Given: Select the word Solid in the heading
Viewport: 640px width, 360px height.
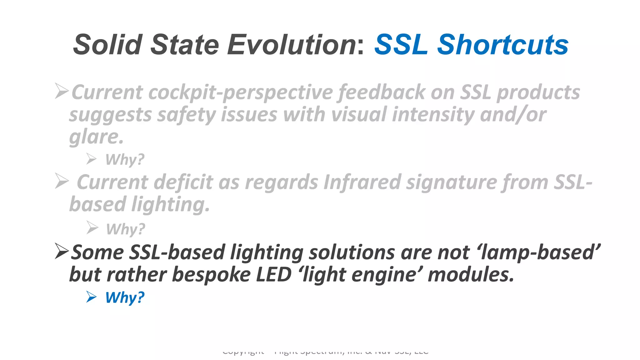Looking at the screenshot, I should coord(108,45).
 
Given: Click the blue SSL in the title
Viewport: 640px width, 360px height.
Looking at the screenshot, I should coord(401,45).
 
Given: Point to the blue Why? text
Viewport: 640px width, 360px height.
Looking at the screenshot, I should coord(125,297).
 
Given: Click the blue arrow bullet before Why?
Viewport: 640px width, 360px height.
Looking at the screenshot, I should coord(91,297).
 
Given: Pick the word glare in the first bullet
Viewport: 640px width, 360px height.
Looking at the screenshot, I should coord(96,137).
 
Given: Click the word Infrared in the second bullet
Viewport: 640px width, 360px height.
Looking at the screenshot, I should coord(362,182).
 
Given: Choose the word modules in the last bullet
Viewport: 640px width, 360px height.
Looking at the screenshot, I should coord(471,274).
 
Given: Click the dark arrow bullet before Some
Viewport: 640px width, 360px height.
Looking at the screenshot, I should coord(62,251).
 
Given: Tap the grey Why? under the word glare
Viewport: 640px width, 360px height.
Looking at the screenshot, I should coord(125,159).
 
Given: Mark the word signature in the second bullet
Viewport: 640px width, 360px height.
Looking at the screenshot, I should coord(451,182).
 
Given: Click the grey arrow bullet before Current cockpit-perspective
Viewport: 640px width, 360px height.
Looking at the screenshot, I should coord(62,91).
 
